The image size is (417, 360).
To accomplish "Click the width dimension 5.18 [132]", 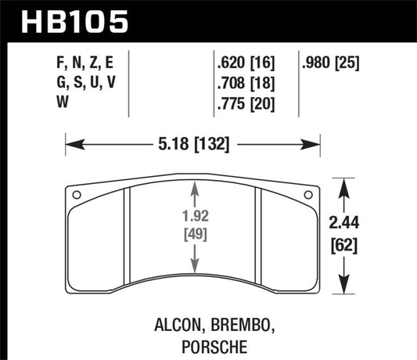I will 192,145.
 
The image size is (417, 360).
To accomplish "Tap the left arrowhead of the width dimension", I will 70,145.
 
